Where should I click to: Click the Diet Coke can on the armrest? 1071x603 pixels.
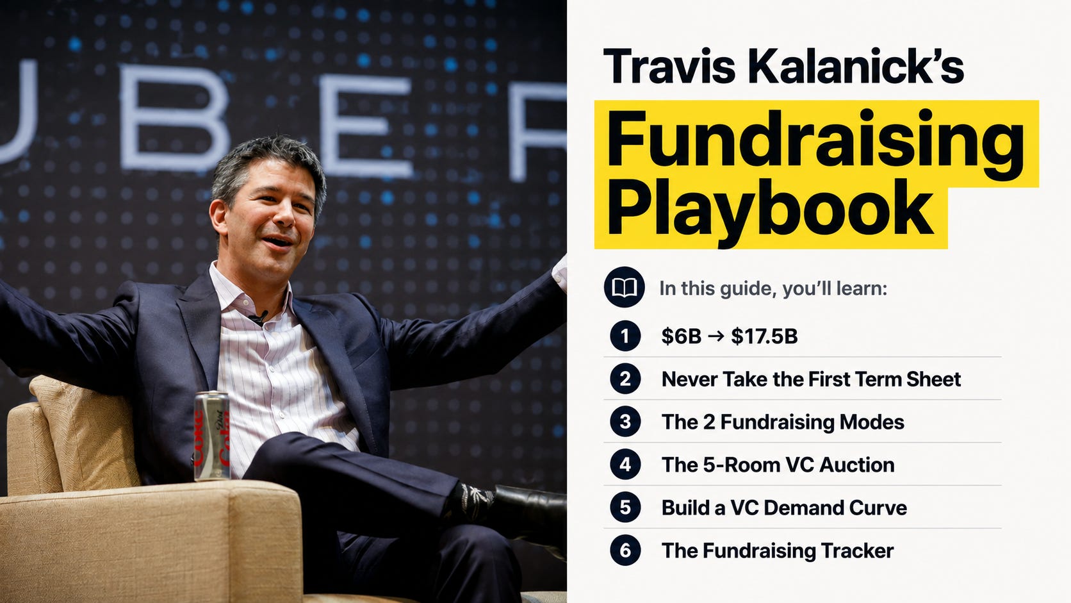[x=212, y=436]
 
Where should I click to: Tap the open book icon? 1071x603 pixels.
[x=624, y=287]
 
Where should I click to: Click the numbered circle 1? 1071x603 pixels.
[x=625, y=336]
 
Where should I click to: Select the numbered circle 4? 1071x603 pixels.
[x=625, y=465]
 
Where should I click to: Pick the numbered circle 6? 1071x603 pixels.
[x=625, y=550]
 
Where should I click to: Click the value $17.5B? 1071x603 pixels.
[x=764, y=336]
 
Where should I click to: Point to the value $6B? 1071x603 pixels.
[x=681, y=336]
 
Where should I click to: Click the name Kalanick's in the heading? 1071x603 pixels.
[x=855, y=66]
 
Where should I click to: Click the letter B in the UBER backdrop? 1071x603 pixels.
[x=174, y=118]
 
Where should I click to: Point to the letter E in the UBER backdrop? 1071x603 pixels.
[x=366, y=126]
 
